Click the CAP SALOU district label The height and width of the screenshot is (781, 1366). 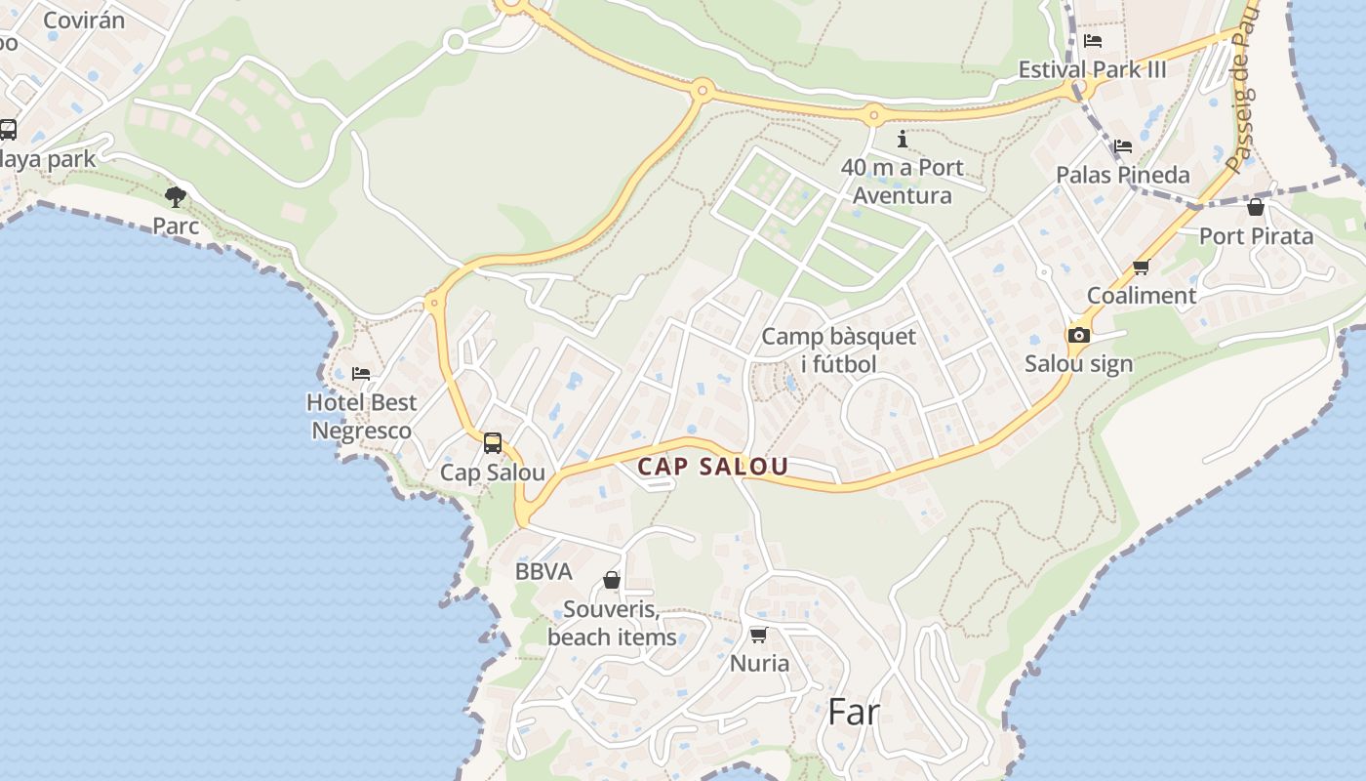[x=712, y=467]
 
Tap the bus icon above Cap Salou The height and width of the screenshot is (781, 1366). [x=493, y=443]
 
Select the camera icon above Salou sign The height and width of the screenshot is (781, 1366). [x=1078, y=335]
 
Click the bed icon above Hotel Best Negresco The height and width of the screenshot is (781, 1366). [x=361, y=373]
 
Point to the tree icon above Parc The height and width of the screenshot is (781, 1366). [x=176, y=197]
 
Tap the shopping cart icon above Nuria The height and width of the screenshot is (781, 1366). [x=759, y=635]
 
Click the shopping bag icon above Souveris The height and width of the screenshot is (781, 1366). [x=612, y=580]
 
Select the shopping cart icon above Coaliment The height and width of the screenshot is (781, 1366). [x=1141, y=267]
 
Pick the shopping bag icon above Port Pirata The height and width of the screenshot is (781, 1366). [x=1256, y=207]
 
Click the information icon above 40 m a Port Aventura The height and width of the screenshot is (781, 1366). [x=903, y=139]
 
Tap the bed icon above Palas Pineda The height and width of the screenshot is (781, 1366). [x=1123, y=146]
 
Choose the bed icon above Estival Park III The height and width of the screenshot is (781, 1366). [x=1093, y=41]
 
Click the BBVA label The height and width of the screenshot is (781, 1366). [x=543, y=572]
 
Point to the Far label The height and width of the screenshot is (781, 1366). [x=854, y=712]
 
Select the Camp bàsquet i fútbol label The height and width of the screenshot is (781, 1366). [x=838, y=350]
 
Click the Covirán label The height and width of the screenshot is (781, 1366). [x=84, y=20]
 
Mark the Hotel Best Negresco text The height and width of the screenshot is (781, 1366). [x=361, y=416]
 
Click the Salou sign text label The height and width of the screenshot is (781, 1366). [x=1078, y=364]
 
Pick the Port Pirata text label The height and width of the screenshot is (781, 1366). [x=1256, y=236]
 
